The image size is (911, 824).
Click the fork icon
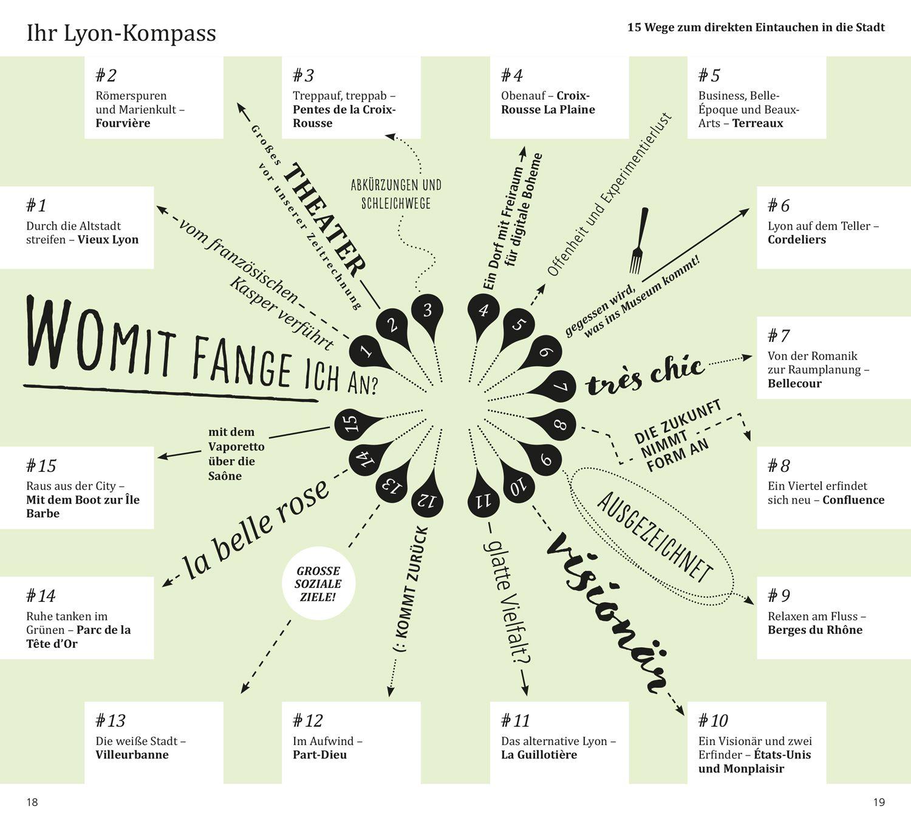[638, 240]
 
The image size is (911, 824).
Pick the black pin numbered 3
[428, 311]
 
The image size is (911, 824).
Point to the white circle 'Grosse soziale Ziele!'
[318, 584]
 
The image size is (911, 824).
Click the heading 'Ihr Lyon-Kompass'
[121, 33]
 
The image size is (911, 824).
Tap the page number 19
[879, 802]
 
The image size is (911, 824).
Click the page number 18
[32, 802]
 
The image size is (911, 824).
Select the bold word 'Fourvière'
[123, 123]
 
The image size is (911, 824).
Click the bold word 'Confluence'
[853, 500]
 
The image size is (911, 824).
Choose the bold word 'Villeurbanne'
[132, 755]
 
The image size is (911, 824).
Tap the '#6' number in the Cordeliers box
[779, 205]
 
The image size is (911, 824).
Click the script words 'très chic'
[646, 375]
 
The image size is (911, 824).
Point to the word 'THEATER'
[325, 217]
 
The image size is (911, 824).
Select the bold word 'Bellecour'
[794, 384]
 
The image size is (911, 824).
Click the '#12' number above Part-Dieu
[307, 721]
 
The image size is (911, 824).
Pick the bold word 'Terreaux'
[757, 123]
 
